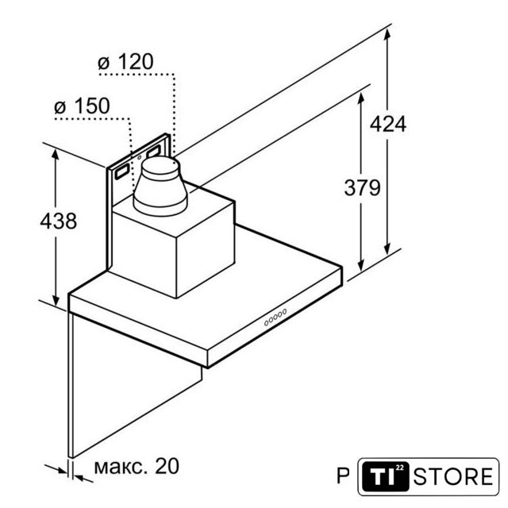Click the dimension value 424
[388, 124]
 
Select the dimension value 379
[362, 187]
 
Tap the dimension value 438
[58, 221]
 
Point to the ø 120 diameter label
[125, 62]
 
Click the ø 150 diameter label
[82, 106]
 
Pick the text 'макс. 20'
[137, 466]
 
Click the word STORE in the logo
[453, 476]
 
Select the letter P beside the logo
[344, 476]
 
